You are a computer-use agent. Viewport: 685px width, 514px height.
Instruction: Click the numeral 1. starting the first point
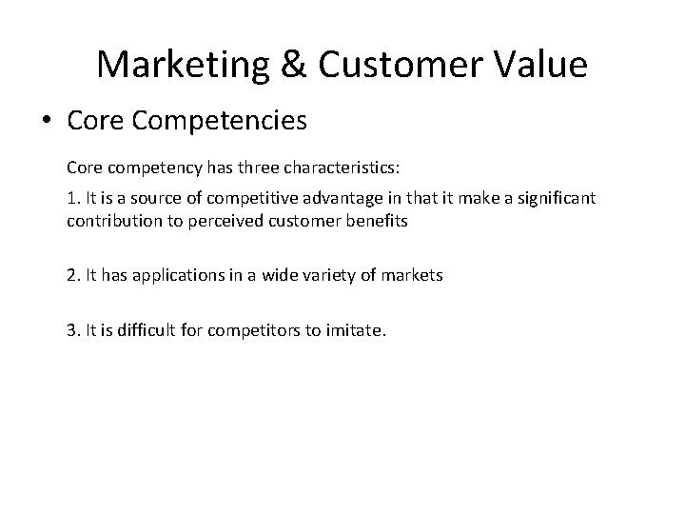pos(73,198)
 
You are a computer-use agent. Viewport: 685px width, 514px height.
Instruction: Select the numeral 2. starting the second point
pos(73,276)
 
